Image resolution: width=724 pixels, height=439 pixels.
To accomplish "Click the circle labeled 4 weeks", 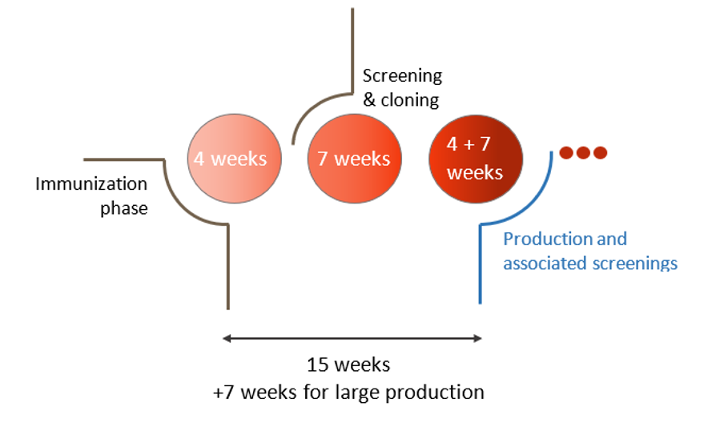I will [x=229, y=159].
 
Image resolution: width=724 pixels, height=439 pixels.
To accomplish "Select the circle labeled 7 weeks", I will [x=353, y=159].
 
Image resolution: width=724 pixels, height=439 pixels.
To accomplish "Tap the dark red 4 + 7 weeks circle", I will [x=475, y=159].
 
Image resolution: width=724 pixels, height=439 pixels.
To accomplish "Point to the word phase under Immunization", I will [x=123, y=209].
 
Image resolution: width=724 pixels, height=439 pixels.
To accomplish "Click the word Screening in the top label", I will [x=402, y=76].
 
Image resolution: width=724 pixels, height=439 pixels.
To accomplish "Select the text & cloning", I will [x=400, y=100].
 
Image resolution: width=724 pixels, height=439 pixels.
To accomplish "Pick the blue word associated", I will [x=545, y=263].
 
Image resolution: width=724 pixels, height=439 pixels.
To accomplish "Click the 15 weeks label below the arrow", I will [x=348, y=365].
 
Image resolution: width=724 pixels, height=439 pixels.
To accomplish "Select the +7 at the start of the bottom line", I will [x=223, y=393].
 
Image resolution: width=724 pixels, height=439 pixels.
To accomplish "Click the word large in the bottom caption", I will [x=361, y=393].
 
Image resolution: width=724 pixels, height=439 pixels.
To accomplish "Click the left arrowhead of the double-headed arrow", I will [x=227, y=339].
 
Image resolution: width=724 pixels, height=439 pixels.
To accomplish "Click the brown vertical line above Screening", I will [x=352, y=40].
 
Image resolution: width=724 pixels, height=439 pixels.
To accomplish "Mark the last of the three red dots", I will [x=599, y=152].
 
